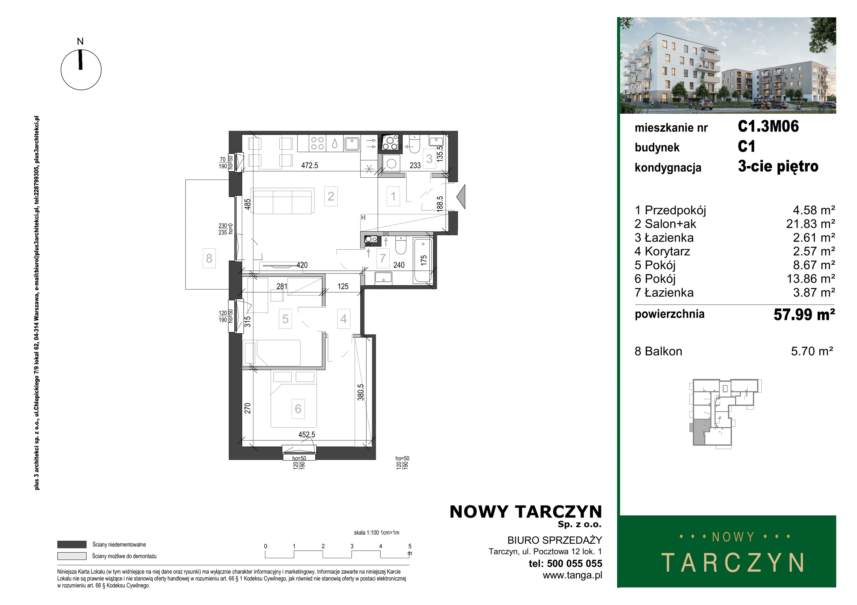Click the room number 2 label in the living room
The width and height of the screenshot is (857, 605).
pos(331,196)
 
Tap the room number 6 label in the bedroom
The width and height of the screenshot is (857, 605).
pos(298,409)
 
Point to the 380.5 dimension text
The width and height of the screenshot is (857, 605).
pos(360,392)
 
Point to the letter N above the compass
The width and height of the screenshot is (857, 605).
pos(80,41)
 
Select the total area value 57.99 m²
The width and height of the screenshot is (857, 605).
pos(804,314)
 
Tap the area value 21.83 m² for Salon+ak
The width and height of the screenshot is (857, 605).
pos(810,224)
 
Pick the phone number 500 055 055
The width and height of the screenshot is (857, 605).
pos(574,563)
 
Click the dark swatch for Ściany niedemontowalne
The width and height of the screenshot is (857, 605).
pos(72,545)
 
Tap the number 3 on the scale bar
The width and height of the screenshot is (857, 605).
pos(352,546)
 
